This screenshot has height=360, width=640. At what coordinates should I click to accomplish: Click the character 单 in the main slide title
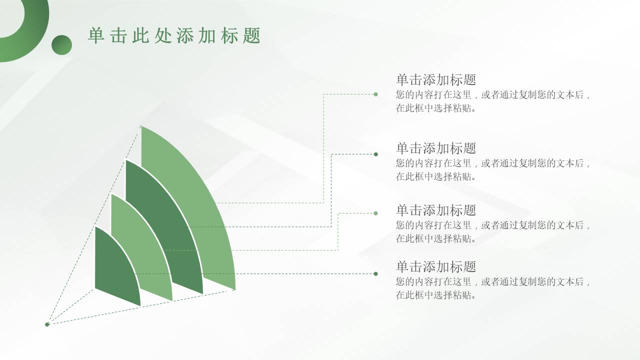pos(96,35)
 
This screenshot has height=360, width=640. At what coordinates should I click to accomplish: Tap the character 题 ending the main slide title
pos(251,35)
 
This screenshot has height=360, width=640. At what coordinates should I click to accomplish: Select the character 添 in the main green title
pos(185,35)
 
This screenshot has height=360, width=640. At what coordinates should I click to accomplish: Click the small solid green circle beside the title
pos(61,45)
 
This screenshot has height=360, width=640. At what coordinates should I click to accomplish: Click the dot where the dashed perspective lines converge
pos(47,324)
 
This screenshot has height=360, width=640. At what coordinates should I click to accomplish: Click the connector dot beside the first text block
pos(375,94)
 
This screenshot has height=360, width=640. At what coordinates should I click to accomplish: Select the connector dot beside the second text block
pos(375,154)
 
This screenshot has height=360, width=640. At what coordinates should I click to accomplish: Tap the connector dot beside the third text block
pos(375,213)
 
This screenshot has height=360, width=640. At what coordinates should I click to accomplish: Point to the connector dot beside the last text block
pos(375,273)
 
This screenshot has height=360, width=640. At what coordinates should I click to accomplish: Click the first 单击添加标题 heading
pos(436,79)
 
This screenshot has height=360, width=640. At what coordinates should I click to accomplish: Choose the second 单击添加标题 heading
pos(436,148)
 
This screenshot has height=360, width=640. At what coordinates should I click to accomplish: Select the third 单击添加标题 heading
pos(436,210)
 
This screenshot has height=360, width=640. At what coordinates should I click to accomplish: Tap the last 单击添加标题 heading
pos(436,266)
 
